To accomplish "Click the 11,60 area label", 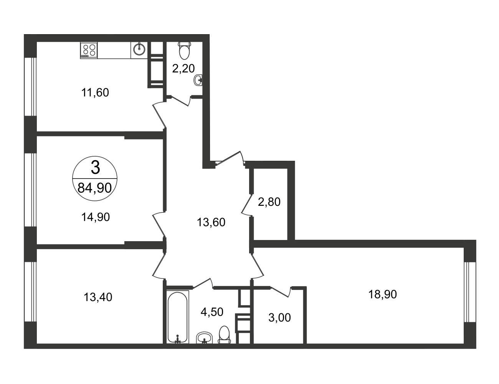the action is click(95, 93).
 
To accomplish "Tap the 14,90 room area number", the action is click(96, 217).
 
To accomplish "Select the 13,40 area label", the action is click(98, 297).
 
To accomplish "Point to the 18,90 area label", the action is click(383, 294).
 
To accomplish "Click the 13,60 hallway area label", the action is click(211, 222).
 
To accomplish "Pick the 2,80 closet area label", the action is click(269, 202).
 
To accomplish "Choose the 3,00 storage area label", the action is click(279, 318).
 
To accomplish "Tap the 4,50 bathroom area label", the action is click(212, 312).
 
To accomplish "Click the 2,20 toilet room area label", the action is click(183, 68).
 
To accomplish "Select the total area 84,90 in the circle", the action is click(94, 188).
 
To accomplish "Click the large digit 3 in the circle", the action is click(96, 167).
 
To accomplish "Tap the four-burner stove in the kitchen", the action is click(89, 50).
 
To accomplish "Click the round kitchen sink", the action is click(139, 50).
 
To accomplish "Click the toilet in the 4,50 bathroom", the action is click(224, 334).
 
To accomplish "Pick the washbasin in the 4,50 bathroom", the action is click(204, 338).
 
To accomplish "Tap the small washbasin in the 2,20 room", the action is click(198, 80).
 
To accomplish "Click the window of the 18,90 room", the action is click(470, 292).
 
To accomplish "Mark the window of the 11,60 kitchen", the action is click(31, 86).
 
